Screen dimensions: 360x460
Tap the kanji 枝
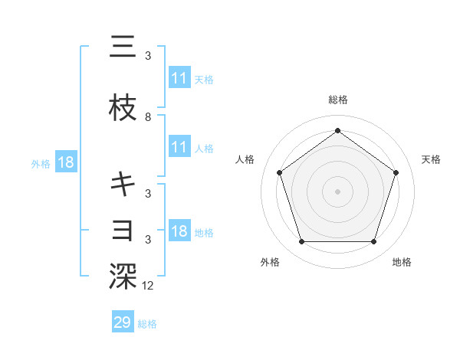coord(123,110)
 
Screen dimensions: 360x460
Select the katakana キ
coord(123,184)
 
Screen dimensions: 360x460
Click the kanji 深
coord(123,276)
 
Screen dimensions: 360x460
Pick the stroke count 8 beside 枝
coord(148,117)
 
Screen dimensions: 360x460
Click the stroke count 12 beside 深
coord(149,286)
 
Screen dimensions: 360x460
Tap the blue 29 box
coord(123,322)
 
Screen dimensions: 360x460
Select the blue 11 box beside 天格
coord(179,77)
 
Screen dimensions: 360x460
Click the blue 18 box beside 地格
coord(179,231)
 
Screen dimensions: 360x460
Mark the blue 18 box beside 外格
coord(65,162)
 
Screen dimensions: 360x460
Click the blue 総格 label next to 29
coord(148,324)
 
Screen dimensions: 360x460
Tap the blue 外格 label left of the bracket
coord(41,163)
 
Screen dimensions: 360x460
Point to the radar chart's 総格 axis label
coord(338,100)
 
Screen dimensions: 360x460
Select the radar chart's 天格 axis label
coord(432,159)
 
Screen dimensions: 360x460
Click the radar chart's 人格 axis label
coord(245,159)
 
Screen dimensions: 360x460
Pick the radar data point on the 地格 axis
coord(373,242)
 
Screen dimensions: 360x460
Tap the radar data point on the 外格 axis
coord(301,242)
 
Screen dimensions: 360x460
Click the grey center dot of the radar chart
coord(337,191)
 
